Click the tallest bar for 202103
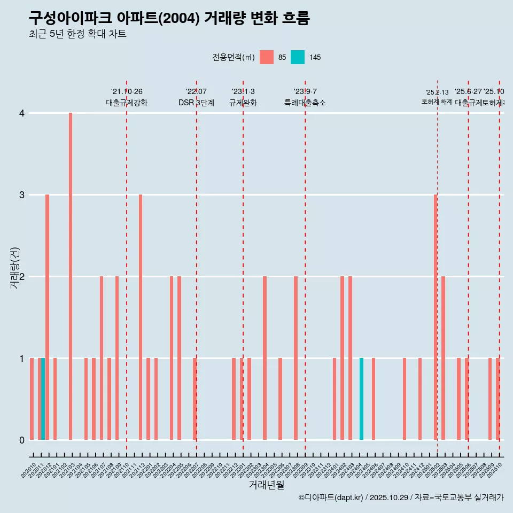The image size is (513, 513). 71,276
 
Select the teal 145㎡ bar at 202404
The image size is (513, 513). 361,399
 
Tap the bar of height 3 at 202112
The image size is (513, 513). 141,317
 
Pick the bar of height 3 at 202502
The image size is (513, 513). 436,317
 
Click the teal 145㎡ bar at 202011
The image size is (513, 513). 43,399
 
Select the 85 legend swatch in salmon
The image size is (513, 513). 266,57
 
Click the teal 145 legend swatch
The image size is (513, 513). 298,57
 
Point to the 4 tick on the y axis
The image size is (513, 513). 22,113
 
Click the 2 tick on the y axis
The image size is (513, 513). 22,277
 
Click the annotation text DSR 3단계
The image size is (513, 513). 196,103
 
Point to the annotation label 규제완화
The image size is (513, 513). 243,103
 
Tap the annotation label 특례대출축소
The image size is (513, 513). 305,103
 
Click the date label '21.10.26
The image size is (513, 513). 127,92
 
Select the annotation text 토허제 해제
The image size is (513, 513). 437,102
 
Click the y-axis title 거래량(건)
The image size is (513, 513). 15,268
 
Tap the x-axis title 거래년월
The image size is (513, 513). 266,485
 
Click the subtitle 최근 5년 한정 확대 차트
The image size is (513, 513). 77,34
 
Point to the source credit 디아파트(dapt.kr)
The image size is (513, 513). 331,498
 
